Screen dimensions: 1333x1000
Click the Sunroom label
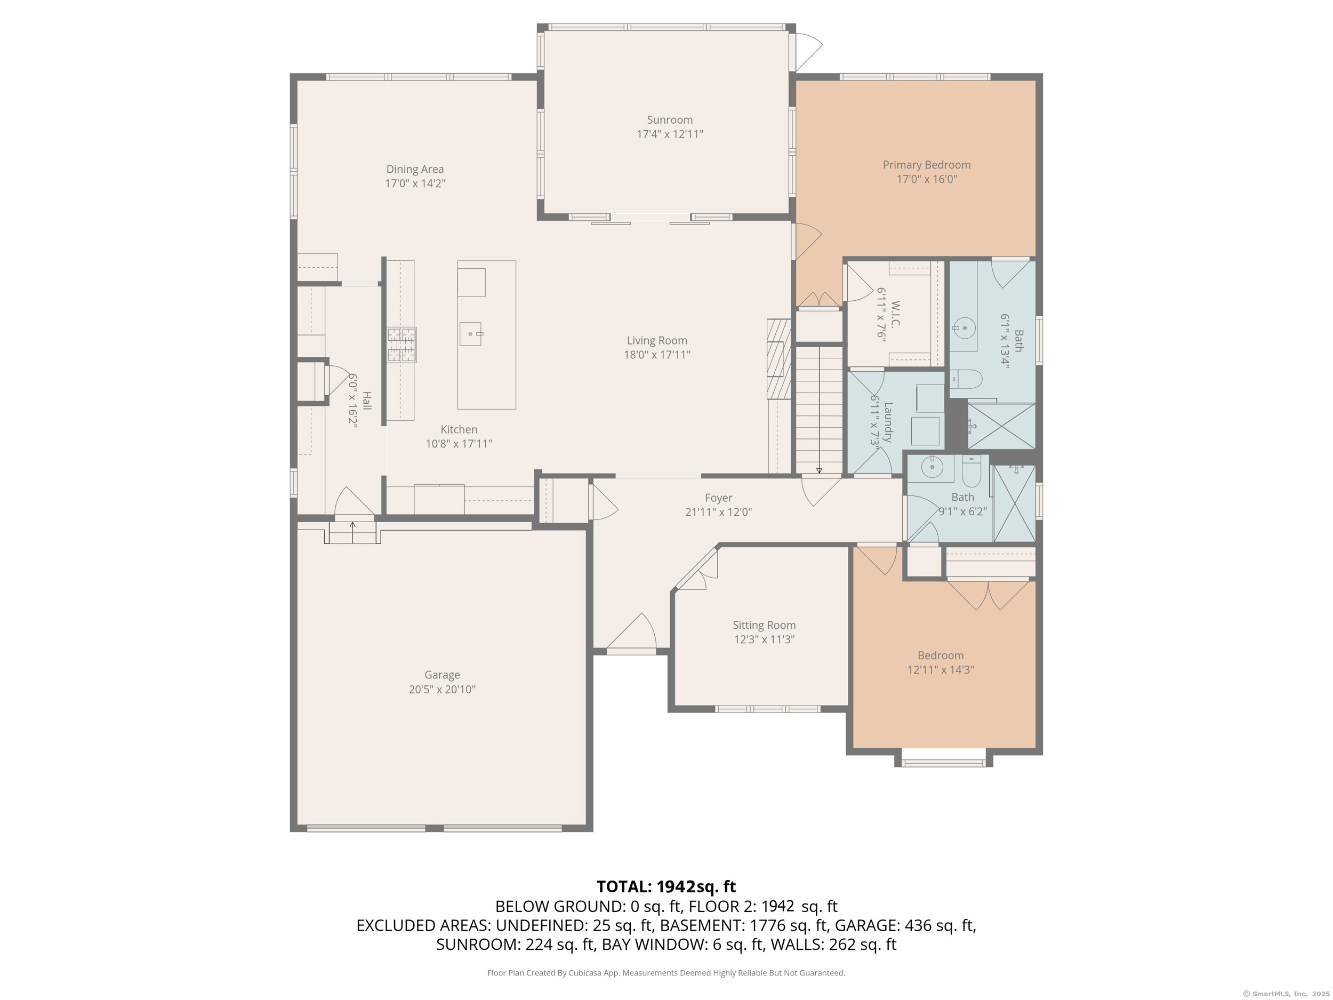point(670,120)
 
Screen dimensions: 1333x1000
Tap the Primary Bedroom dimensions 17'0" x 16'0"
point(927,179)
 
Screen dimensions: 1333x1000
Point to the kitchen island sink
point(471,333)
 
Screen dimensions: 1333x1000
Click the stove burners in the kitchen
point(401,344)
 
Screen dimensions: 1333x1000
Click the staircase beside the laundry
point(819,410)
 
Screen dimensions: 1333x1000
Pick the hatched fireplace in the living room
point(778,358)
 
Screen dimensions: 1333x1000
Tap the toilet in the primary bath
point(966,379)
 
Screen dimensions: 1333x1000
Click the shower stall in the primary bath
point(1001,426)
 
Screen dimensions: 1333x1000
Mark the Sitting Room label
point(764,625)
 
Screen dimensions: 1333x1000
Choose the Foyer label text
point(718,498)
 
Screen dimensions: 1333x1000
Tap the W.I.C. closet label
point(895,314)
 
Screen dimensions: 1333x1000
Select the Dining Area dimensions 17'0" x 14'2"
point(415,183)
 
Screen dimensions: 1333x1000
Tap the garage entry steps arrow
point(352,528)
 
